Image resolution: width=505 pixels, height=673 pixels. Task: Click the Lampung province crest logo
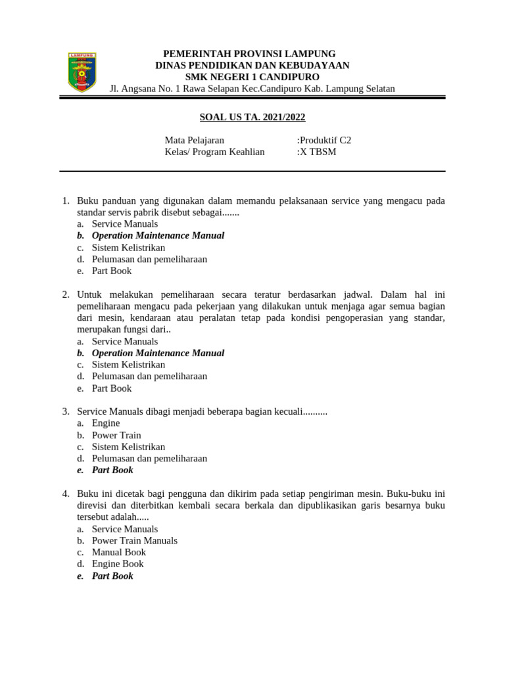tap(82, 72)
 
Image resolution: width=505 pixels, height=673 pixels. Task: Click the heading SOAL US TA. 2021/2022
tap(252, 117)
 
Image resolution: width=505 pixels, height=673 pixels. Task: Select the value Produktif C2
tap(325, 140)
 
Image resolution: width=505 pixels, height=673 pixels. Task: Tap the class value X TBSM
tap(318, 152)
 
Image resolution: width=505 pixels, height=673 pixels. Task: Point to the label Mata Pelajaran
tap(194, 140)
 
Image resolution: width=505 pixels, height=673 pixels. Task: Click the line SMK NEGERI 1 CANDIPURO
tap(252, 77)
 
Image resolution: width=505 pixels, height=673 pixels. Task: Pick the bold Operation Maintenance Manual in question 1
tap(158, 235)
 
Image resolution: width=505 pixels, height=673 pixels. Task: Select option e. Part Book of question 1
tap(111, 271)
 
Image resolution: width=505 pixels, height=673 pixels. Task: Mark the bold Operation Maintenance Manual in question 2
tap(158, 353)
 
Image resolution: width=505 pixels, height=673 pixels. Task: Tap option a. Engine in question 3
tap(105, 423)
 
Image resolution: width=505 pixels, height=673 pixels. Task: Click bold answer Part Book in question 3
tap(112, 470)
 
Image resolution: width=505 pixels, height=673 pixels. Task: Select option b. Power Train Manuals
tap(134, 541)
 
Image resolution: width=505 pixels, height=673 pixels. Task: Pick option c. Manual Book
tap(118, 552)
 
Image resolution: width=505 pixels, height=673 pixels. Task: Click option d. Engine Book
tap(118, 564)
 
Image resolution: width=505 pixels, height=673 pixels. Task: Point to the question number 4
tap(66, 494)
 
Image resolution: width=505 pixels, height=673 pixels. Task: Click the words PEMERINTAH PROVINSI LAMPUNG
tap(249, 53)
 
